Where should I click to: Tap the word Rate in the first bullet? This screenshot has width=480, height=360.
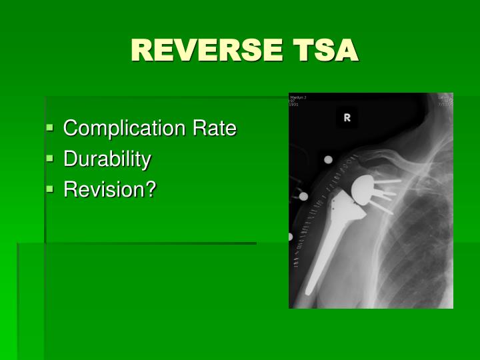click(214, 128)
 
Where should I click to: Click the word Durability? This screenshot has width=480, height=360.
click(107, 159)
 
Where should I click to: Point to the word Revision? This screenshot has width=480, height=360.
click(109, 190)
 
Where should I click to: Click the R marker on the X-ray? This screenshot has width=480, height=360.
click(347, 118)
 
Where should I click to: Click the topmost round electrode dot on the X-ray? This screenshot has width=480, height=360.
click(328, 160)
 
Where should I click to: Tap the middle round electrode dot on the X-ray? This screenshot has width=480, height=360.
click(304, 197)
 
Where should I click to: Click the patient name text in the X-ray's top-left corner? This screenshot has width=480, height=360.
click(297, 98)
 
